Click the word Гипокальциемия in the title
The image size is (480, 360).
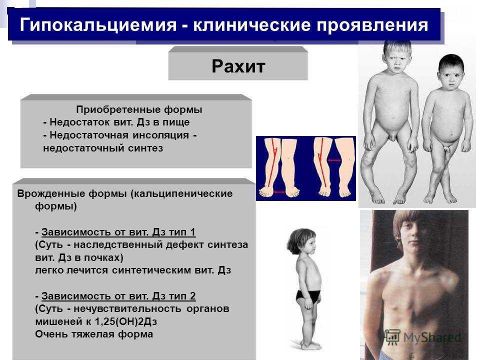coord(98,25)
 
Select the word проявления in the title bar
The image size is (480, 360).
coord(372,25)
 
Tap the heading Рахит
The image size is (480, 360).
coord(238,66)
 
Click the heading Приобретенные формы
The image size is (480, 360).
coord(139,109)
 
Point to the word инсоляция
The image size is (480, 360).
coord(160,135)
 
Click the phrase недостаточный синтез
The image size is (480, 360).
coord(103,148)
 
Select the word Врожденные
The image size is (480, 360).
coord(51,193)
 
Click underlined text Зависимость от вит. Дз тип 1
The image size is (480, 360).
coord(118,232)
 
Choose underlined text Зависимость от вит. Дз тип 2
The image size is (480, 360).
coord(118,296)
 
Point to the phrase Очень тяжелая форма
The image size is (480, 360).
coord(94,334)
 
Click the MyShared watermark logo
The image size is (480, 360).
coord(422,337)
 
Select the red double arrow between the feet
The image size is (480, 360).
coord(278,192)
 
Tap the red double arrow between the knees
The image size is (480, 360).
coord(334,160)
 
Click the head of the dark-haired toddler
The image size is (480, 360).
coord(451,72)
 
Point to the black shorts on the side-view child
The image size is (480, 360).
coord(308,297)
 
